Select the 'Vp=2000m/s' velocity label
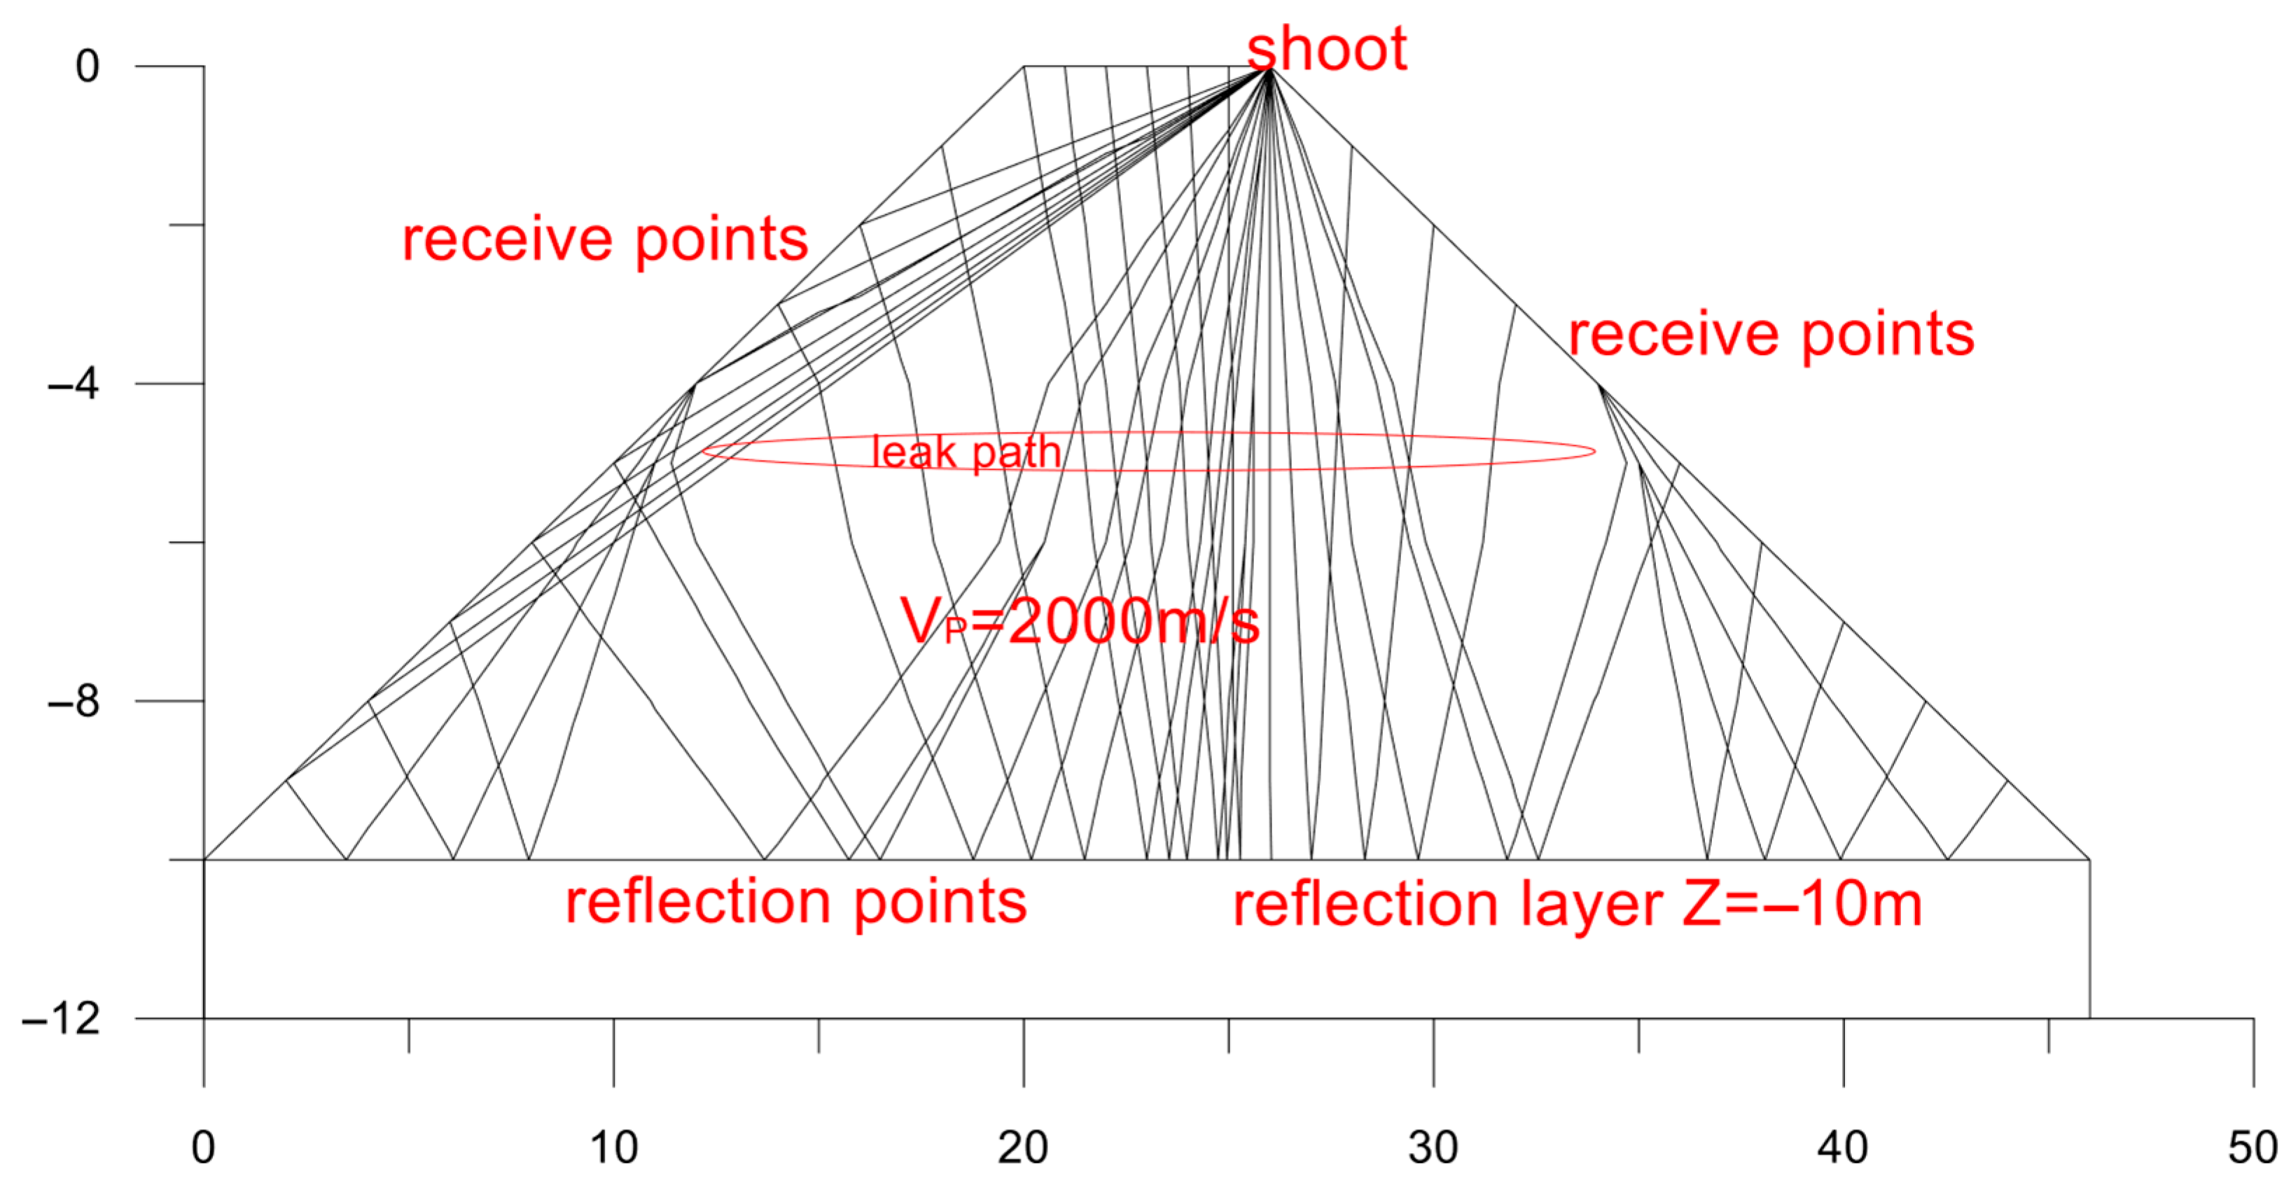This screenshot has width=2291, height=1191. [1080, 621]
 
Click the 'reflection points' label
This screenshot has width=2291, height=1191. [796, 902]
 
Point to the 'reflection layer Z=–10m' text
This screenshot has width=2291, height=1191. [1577, 905]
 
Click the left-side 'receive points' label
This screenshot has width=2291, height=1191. [605, 239]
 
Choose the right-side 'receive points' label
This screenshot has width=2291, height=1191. [1771, 335]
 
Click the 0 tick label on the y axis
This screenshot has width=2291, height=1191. [87, 66]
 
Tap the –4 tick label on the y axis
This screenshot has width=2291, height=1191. [73, 384]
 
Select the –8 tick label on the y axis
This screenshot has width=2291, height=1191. [73, 701]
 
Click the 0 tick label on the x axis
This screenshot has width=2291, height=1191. [203, 1148]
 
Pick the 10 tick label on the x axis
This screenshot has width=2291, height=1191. [613, 1148]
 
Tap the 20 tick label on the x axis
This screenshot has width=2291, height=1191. [1023, 1148]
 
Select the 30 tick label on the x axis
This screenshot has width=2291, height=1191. [1433, 1148]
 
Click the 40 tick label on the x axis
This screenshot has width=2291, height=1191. [1843, 1148]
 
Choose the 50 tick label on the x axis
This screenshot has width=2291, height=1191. [2252, 1148]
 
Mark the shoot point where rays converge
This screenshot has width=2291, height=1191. [1270, 69]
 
